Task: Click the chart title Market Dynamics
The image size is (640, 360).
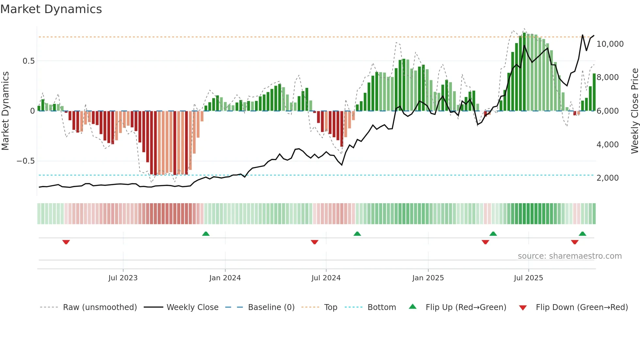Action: point(51,9)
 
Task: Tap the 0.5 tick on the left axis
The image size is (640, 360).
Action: point(28,61)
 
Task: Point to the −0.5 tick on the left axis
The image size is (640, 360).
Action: point(26,161)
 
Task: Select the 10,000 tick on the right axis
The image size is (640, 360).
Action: point(610,44)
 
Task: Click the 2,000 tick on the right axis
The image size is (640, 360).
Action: point(607,178)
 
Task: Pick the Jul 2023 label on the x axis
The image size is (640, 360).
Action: point(123,278)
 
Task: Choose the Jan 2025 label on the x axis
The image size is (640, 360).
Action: point(428,278)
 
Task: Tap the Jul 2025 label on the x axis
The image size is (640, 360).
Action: point(528,278)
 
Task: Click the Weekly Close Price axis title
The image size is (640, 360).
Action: point(634,111)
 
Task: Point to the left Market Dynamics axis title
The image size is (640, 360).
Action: point(6,111)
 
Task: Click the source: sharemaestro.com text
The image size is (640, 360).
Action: point(569,256)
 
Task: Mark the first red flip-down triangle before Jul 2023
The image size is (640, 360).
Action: point(66,242)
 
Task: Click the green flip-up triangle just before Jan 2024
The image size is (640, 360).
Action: point(206,234)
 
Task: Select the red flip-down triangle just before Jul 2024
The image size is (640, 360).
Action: point(314,242)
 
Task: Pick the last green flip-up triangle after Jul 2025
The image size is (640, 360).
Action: point(582,234)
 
